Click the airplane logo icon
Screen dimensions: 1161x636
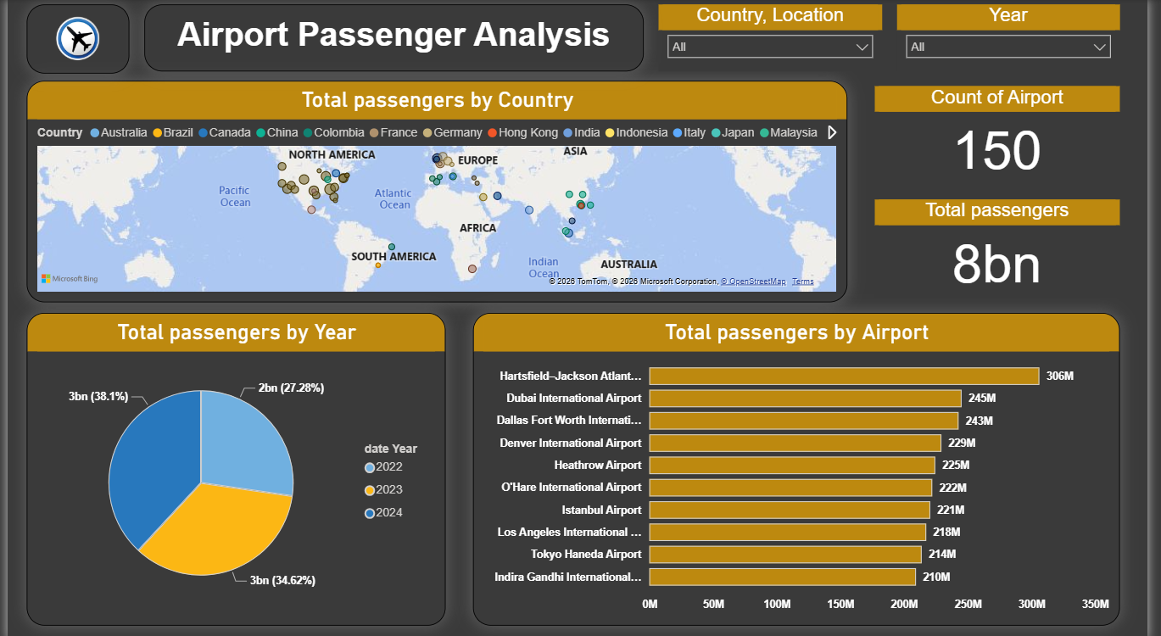[78, 38]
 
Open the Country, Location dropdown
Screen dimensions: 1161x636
[770, 47]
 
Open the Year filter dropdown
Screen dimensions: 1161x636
[1008, 47]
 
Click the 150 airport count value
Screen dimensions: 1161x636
[997, 150]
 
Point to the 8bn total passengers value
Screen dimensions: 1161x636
[996, 265]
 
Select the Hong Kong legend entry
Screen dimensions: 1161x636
[522, 132]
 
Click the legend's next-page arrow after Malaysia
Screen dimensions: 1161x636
[832, 132]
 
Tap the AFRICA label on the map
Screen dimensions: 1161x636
[477, 228]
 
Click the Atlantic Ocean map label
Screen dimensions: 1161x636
[394, 199]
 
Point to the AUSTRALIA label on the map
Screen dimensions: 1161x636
[628, 265]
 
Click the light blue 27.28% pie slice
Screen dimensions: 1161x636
[243, 441]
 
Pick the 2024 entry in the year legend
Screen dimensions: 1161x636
[383, 513]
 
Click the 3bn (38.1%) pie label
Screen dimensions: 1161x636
[98, 397]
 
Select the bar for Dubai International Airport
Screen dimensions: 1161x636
[806, 398]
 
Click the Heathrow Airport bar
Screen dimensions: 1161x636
[792, 465]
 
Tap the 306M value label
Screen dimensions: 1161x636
[1060, 376]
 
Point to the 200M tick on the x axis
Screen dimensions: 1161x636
[904, 604]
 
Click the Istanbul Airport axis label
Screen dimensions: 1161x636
[602, 510]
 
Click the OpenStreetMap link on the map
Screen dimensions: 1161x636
[753, 282]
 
